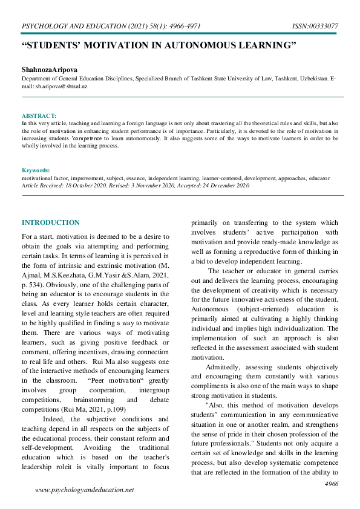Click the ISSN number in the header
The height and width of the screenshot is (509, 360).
pyautogui.click(x=316, y=27)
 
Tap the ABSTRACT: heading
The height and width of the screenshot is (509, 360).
pyautogui.click(x=39, y=115)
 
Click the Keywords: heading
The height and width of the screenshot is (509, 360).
pyautogui.click(x=36, y=171)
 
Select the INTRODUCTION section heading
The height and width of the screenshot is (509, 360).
pyautogui.click(x=50, y=223)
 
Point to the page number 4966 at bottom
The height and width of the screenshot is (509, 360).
pyautogui.click(x=332, y=484)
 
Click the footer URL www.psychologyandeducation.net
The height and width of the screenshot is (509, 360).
pyautogui.click(x=84, y=490)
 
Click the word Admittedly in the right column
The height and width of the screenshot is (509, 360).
pyautogui.click(x=224, y=367)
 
